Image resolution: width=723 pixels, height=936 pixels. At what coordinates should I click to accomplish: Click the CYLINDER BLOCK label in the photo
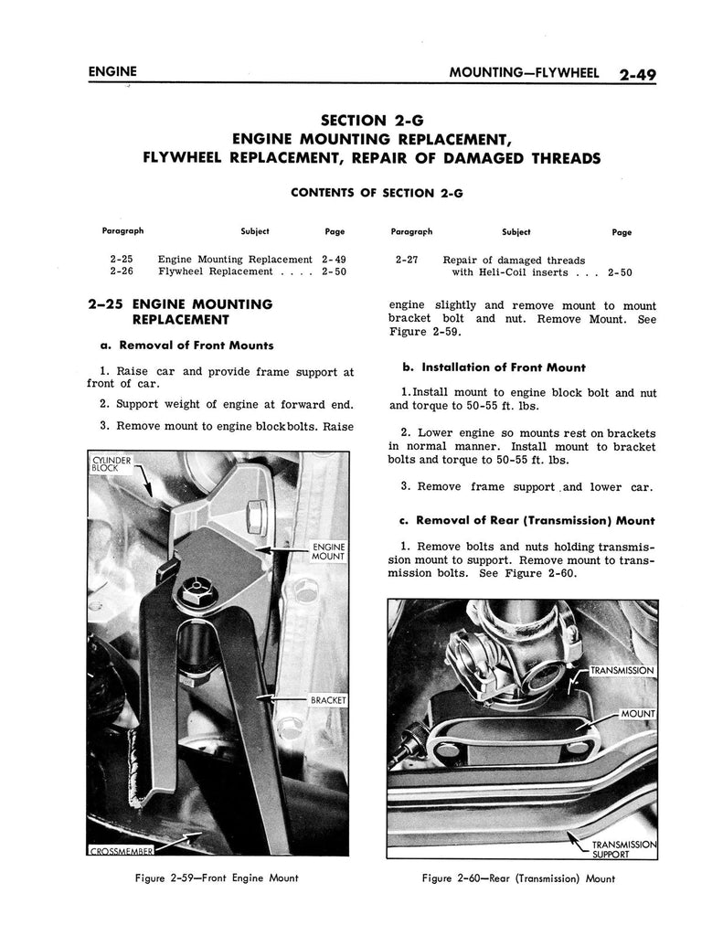[x=112, y=463]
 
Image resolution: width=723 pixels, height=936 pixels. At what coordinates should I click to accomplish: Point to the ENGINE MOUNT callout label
[x=326, y=550]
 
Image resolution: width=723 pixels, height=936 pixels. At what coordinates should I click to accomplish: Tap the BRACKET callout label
[x=326, y=700]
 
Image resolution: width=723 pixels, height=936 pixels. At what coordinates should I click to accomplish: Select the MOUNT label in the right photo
[x=638, y=712]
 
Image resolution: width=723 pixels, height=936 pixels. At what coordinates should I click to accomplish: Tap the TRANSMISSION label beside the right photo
[x=622, y=671]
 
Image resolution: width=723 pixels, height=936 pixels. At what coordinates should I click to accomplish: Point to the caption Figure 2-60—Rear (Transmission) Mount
[x=518, y=879]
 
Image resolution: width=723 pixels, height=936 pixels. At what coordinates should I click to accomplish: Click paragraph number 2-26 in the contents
[x=122, y=271]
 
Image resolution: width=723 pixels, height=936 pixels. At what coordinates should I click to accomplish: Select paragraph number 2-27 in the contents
[x=407, y=260]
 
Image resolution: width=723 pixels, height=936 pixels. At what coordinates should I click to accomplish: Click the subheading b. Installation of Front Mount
[x=494, y=367]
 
